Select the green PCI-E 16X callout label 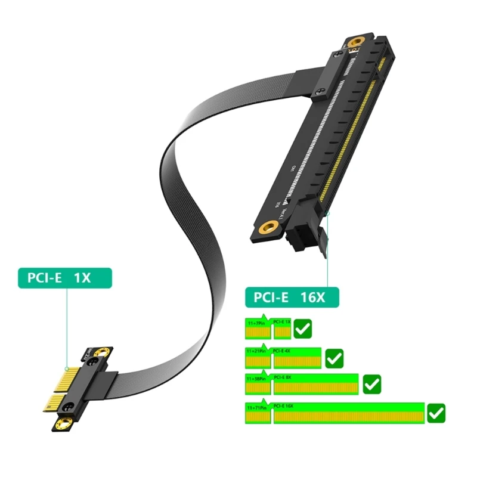pyautogui.click(x=292, y=296)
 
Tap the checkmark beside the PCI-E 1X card pyautogui.click(x=303, y=328)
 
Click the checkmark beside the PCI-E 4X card pyautogui.click(x=334, y=358)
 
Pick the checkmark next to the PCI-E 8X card pyautogui.click(x=372, y=383)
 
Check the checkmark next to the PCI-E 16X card pyautogui.click(x=437, y=412)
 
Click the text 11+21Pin pyautogui.click(x=255, y=351)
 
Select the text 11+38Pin pyautogui.click(x=255, y=378)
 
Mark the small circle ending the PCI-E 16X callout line pyautogui.click(x=327, y=213)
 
